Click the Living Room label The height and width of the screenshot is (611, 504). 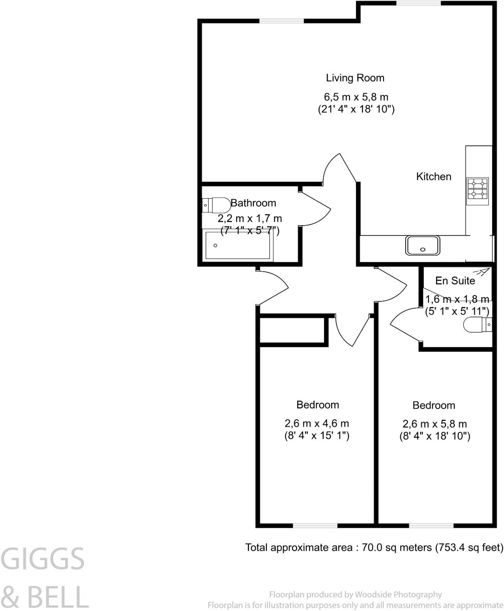click(355, 78)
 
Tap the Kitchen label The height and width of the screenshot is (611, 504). click(433, 177)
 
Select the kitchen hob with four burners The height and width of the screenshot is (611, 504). click(478, 191)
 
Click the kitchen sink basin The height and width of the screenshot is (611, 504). click(422, 245)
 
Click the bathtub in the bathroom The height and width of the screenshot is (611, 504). click(238, 245)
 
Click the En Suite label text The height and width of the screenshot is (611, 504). click(455, 281)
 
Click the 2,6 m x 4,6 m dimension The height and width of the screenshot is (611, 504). click(317, 424)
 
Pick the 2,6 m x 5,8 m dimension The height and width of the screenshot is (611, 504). click(435, 424)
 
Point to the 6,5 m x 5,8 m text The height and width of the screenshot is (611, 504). click(356, 97)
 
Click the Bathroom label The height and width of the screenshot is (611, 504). click(253, 203)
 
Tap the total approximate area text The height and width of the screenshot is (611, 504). click(374, 547)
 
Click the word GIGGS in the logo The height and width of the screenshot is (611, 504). click(42, 559)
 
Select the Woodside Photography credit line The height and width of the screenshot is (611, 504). click(355, 594)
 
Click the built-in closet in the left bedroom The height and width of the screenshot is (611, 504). click(292, 330)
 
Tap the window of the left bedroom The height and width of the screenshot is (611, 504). click(315, 525)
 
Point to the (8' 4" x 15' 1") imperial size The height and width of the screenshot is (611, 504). click(317, 436)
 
